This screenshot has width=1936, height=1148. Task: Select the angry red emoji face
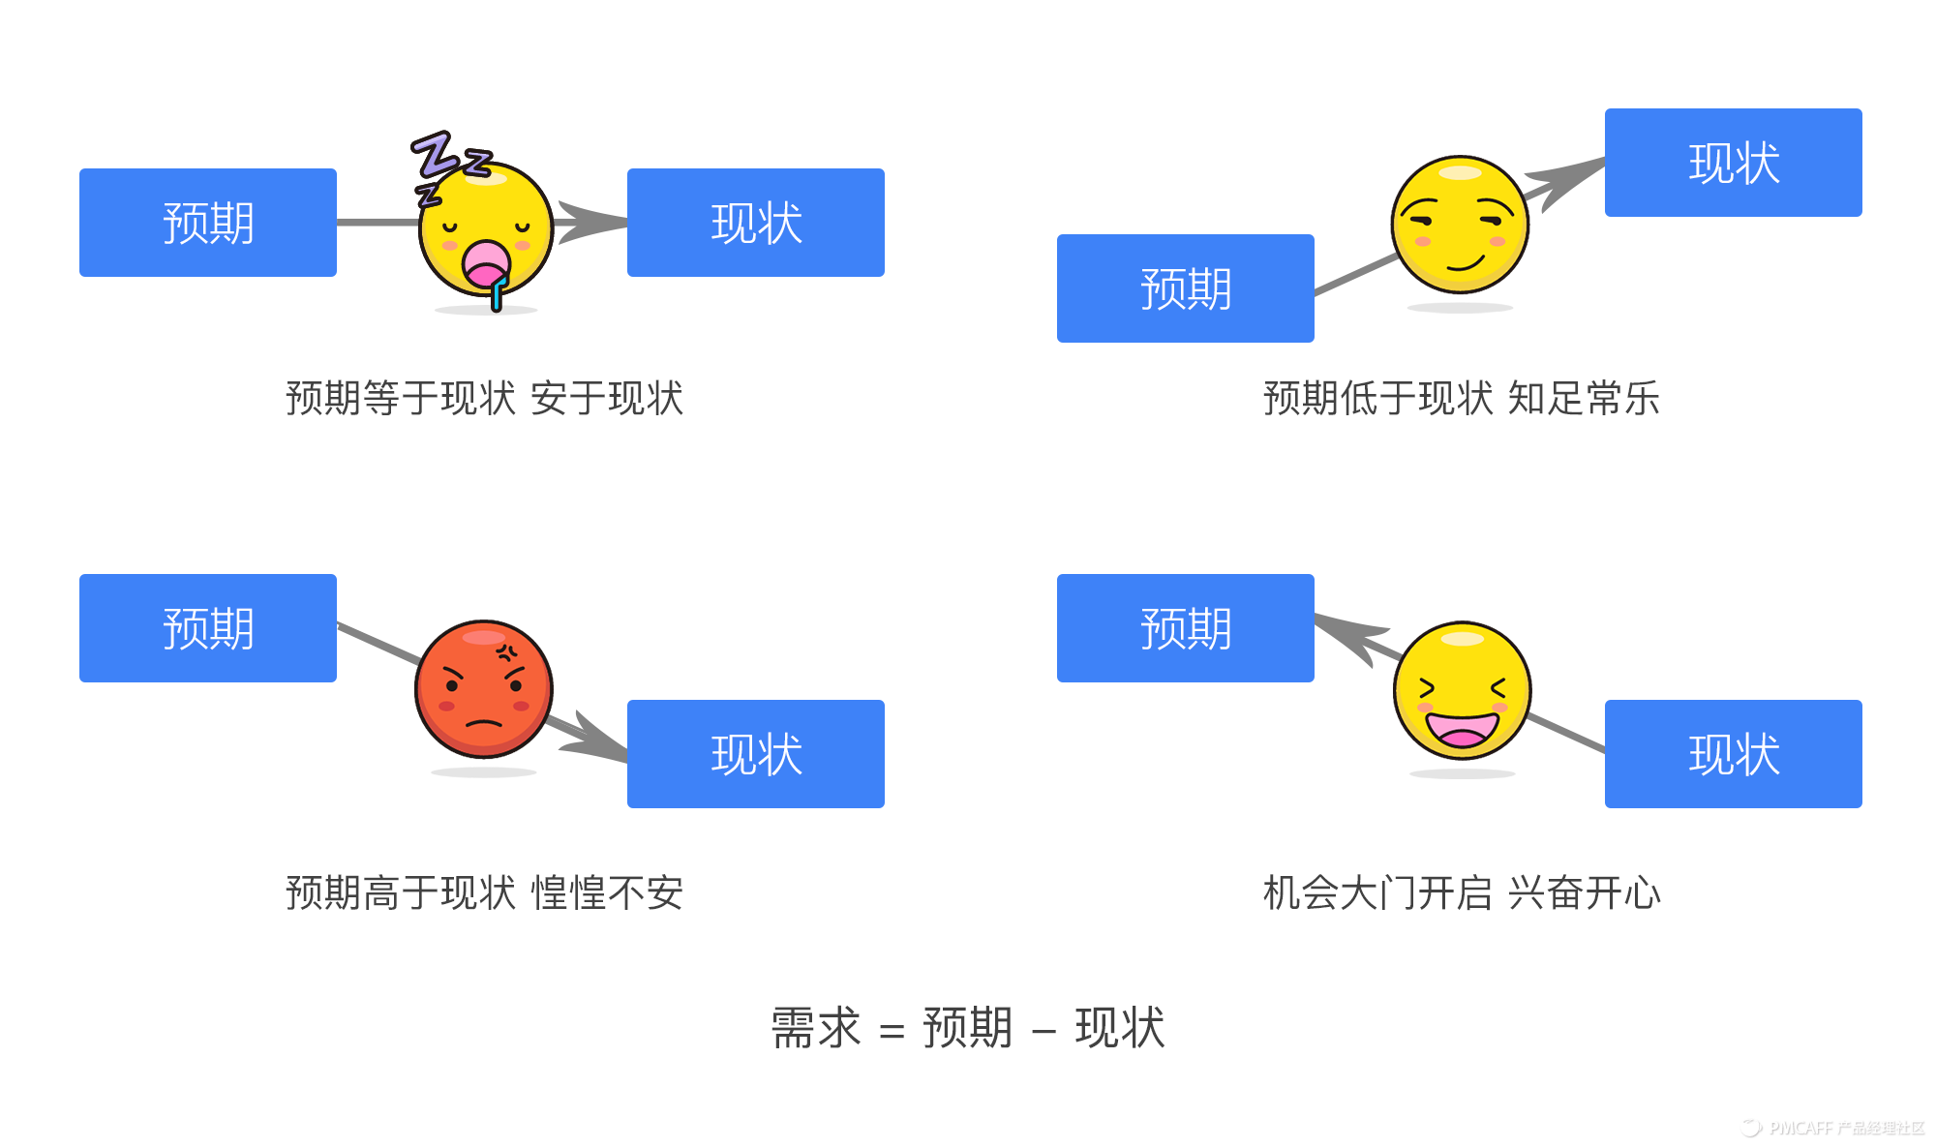(x=484, y=689)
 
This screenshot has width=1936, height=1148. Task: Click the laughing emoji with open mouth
(x=1462, y=690)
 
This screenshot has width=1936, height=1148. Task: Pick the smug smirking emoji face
(x=1460, y=225)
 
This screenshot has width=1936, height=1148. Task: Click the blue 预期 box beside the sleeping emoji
(x=208, y=223)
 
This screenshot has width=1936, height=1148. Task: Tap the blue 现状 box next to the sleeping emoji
(x=756, y=223)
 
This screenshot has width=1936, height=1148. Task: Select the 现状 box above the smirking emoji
(x=1734, y=163)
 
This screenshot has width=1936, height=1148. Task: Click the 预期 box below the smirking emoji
(x=1186, y=288)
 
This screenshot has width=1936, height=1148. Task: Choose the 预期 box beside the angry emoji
(x=208, y=628)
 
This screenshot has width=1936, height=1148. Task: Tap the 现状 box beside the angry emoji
(x=756, y=754)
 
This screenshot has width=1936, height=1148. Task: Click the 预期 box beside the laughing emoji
(x=1186, y=628)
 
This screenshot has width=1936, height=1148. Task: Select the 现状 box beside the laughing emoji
(x=1734, y=754)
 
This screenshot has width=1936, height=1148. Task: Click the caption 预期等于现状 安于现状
(x=484, y=399)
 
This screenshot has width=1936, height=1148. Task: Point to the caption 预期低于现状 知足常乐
(x=1462, y=399)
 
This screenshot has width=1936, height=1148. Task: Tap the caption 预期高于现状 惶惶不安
(x=484, y=892)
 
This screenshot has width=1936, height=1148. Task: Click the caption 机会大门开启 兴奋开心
(x=1462, y=892)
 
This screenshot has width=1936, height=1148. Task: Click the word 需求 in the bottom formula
(x=815, y=1028)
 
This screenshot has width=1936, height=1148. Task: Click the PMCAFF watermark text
(x=1834, y=1128)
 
